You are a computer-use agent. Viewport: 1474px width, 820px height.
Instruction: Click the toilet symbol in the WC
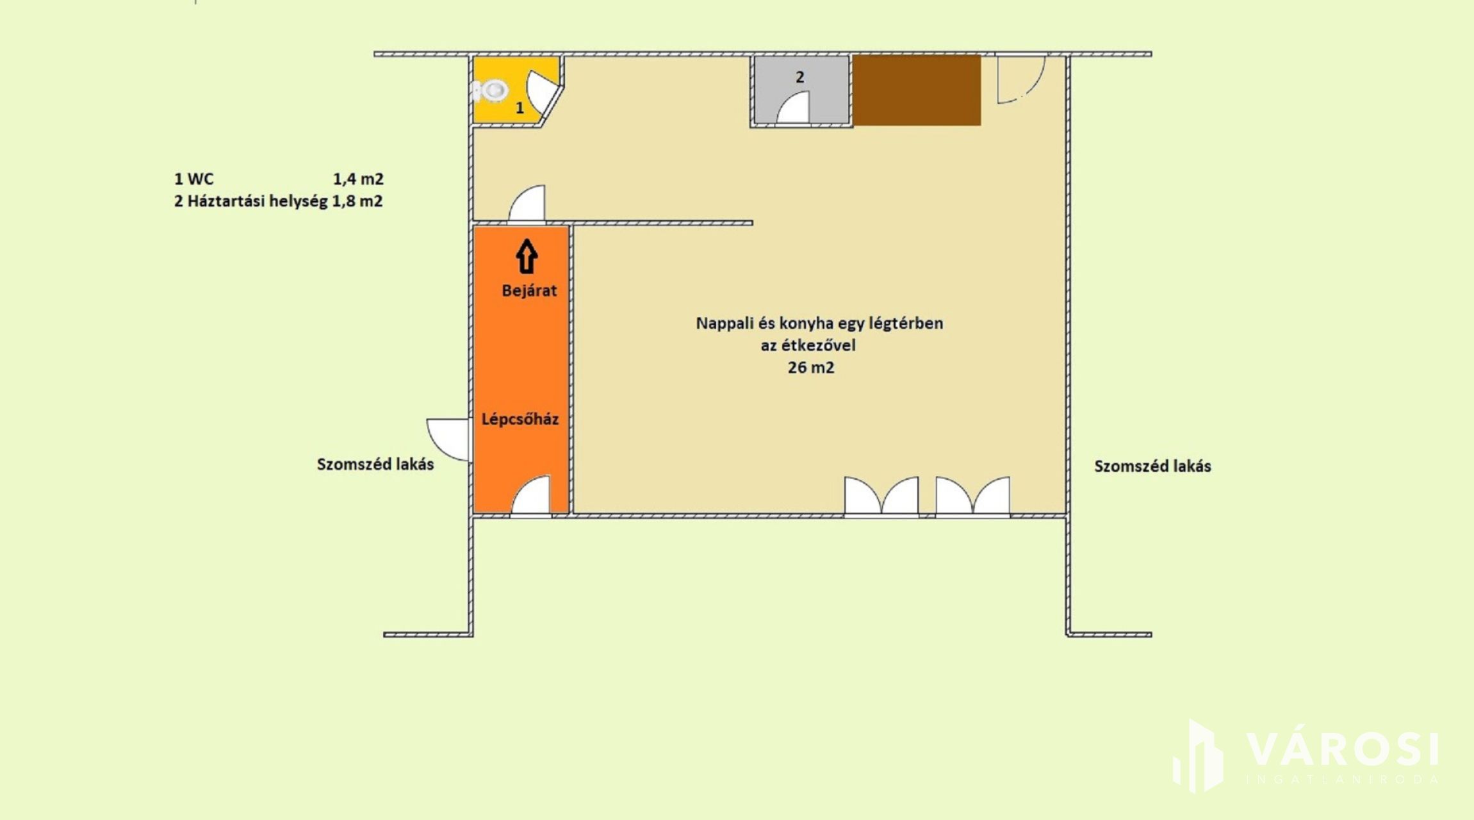(x=490, y=90)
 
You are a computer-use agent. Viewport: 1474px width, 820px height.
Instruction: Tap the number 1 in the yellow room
(x=520, y=108)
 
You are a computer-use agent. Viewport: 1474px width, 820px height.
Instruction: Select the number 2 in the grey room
(x=799, y=77)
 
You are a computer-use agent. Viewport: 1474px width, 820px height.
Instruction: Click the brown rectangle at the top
(x=916, y=90)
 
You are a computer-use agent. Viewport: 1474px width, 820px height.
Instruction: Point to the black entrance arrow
(x=527, y=256)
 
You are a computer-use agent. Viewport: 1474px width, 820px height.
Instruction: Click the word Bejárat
(x=529, y=291)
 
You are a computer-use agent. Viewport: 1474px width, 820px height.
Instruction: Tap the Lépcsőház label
(x=520, y=419)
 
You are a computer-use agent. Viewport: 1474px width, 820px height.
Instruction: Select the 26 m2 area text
(x=811, y=368)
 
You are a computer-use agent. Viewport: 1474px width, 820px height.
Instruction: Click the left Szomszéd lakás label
(x=375, y=464)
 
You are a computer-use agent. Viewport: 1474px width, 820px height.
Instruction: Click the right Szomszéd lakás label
(x=1152, y=466)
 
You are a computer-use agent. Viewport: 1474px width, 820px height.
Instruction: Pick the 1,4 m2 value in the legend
(x=358, y=179)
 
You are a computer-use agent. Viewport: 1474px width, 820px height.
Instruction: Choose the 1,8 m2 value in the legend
(x=357, y=201)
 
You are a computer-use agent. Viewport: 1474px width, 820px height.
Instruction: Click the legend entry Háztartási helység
(x=258, y=201)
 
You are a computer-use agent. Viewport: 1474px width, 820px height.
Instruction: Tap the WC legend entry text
(x=201, y=179)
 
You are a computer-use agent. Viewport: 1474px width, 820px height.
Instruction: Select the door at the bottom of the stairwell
(x=530, y=495)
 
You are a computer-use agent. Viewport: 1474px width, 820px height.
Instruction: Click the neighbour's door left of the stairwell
(x=448, y=439)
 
